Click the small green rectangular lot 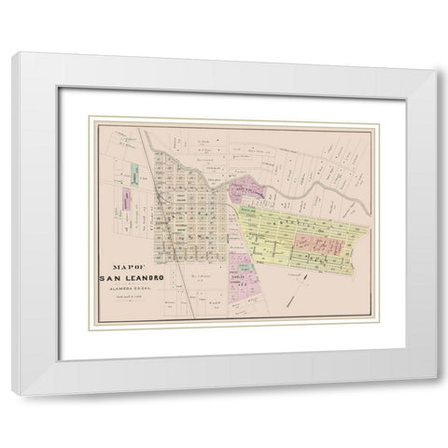[x=135, y=175]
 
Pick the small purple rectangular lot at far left [x=121, y=198]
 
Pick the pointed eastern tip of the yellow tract [x=371, y=228]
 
